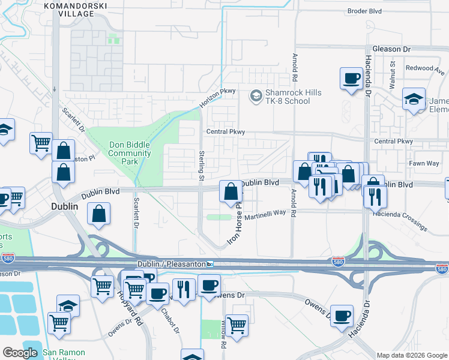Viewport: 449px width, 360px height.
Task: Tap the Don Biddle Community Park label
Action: (130, 153)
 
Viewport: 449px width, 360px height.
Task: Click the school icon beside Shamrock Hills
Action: (256, 95)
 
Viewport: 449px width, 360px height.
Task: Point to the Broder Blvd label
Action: (365, 11)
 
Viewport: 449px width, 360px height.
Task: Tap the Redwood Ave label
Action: (424, 68)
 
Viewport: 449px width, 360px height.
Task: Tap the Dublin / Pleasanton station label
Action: (169, 265)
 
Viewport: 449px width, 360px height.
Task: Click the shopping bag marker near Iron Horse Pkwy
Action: (231, 192)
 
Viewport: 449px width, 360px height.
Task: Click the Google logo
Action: (20, 353)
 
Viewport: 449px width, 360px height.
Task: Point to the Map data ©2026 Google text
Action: (411, 355)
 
